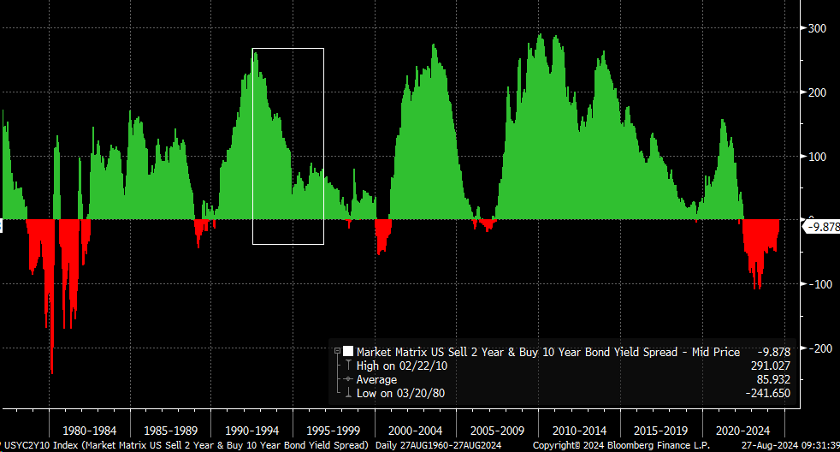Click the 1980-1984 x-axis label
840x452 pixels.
point(90,431)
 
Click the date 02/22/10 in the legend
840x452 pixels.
point(424,366)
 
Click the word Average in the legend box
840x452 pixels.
point(376,379)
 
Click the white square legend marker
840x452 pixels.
point(348,351)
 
